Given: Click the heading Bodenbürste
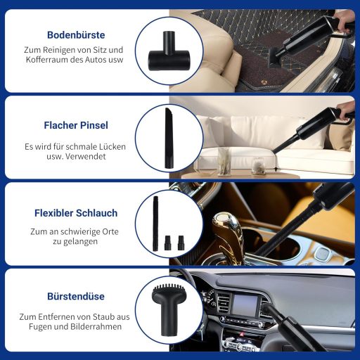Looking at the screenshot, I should point(75,34).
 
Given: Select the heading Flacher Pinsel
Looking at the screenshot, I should point(75,126).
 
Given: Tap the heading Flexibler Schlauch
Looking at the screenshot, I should point(75,213).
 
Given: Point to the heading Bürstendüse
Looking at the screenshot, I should point(75,297).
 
